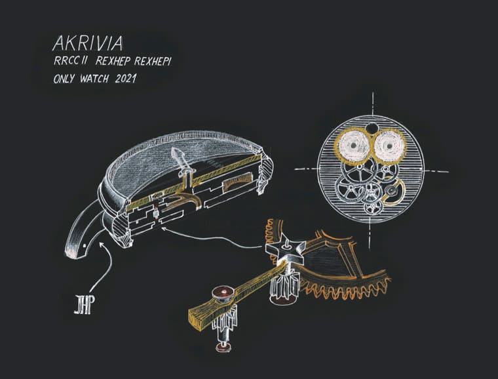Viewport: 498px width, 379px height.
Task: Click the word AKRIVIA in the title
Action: point(88,43)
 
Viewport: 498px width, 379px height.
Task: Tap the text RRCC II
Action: point(70,61)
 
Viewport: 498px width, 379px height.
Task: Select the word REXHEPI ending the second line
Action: point(153,62)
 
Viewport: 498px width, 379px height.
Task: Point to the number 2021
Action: point(126,79)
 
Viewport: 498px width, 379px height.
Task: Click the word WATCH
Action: point(94,79)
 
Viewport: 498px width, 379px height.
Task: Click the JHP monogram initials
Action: point(85,304)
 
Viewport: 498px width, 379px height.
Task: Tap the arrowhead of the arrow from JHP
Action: point(102,245)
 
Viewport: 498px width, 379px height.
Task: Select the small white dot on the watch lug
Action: point(84,246)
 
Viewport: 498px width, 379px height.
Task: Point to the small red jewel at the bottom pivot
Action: point(223,347)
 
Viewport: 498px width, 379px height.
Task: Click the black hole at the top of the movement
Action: point(371,129)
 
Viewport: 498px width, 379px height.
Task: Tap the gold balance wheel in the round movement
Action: point(393,191)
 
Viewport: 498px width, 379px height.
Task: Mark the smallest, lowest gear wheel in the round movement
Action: point(373,209)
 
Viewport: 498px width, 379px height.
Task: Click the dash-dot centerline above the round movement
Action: point(373,104)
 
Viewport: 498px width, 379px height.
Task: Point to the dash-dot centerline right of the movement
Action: point(437,172)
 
